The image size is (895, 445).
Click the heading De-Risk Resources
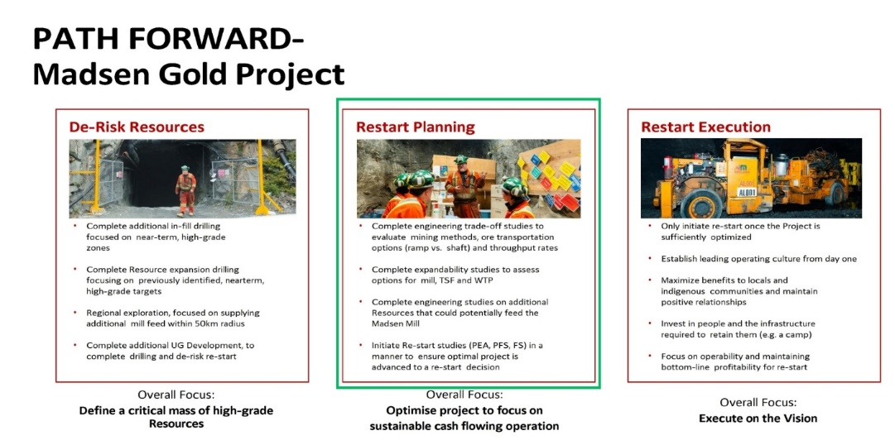tap(137, 127)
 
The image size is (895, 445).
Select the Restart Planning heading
tap(415, 127)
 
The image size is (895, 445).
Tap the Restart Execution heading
tap(705, 127)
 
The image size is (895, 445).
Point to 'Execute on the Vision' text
tap(758, 419)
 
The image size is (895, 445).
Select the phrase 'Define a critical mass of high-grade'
tap(176, 410)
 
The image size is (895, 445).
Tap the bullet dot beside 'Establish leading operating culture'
tap(651, 258)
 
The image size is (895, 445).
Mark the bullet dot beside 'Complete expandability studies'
tap(361, 270)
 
